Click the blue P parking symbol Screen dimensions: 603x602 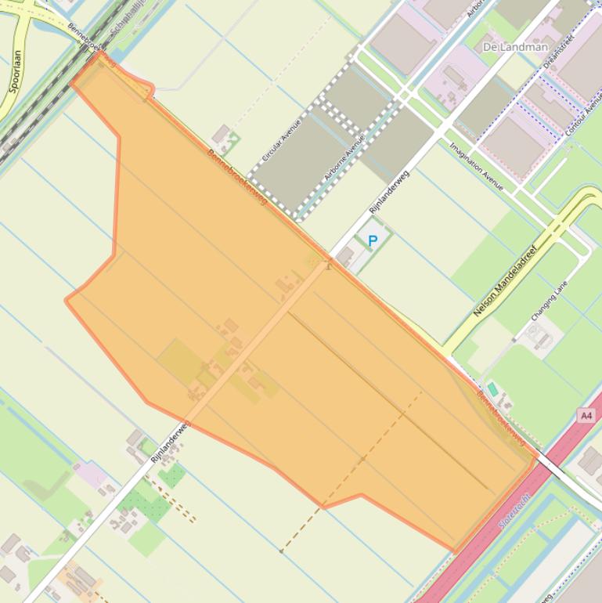coord(373,241)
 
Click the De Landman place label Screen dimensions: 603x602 coord(515,47)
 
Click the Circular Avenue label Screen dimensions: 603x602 coord(281,141)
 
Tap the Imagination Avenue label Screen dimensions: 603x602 coord(476,166)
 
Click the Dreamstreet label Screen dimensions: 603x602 coord(558,51)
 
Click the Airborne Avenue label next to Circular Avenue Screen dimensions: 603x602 coord(344,158)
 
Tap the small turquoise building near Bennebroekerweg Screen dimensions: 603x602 coord(492,388)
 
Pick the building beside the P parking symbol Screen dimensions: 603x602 coord(345,255)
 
